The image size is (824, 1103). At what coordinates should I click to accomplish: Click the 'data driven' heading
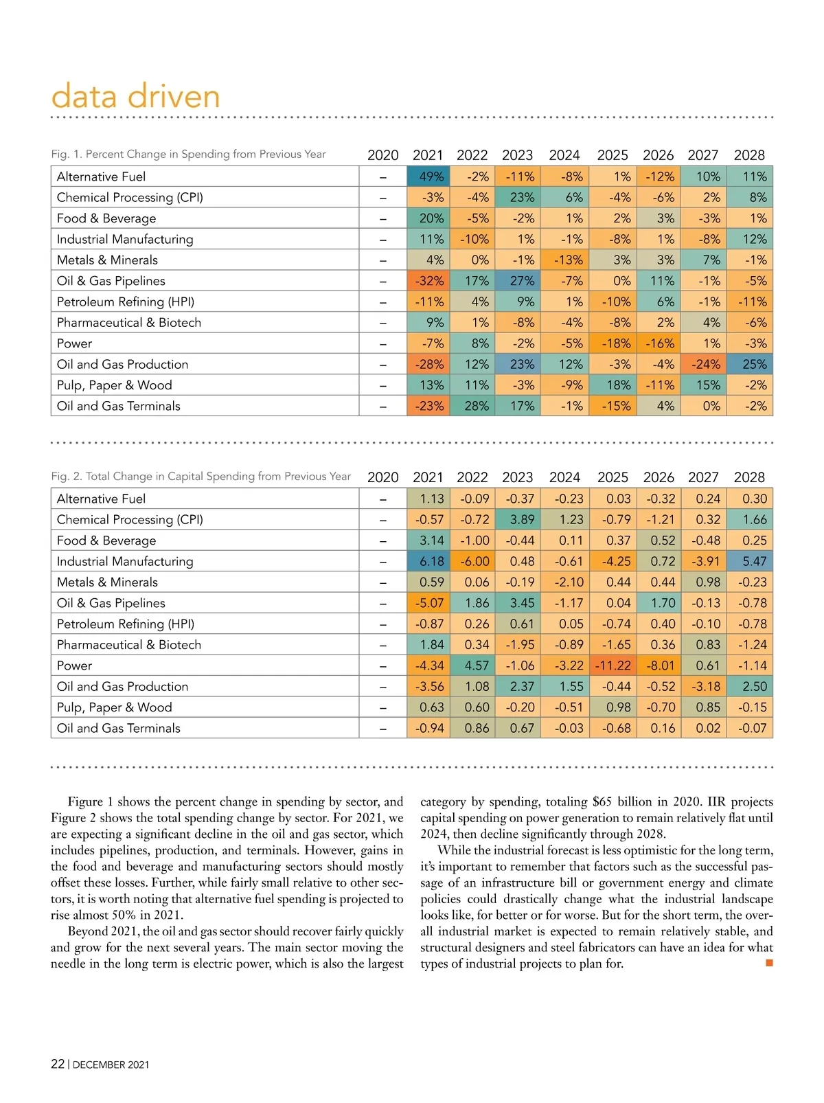135,96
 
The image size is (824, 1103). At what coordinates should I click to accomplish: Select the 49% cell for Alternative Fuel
429,177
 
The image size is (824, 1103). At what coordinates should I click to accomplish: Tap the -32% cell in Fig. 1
429,281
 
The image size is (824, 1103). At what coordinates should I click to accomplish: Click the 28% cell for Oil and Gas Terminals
474,406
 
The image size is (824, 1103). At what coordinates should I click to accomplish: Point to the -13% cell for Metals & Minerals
566,260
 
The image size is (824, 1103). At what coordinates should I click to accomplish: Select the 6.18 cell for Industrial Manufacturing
429,561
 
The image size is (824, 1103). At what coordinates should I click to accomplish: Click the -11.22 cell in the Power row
612,666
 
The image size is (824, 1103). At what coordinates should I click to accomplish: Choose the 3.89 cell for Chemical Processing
520,520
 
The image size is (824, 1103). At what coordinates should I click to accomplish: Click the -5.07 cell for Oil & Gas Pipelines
429,603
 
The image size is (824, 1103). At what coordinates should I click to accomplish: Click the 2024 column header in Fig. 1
564,155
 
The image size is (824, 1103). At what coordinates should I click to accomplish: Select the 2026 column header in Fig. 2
659,477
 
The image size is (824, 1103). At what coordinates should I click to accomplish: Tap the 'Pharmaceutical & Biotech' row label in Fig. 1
129,323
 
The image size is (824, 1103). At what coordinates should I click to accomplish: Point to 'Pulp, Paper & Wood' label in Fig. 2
115,707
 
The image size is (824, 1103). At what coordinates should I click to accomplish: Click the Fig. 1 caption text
189,155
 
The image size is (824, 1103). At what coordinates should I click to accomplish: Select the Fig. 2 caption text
201,477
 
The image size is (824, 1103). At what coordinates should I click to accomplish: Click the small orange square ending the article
769,963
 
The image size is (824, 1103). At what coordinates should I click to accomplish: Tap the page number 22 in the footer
58,1064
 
